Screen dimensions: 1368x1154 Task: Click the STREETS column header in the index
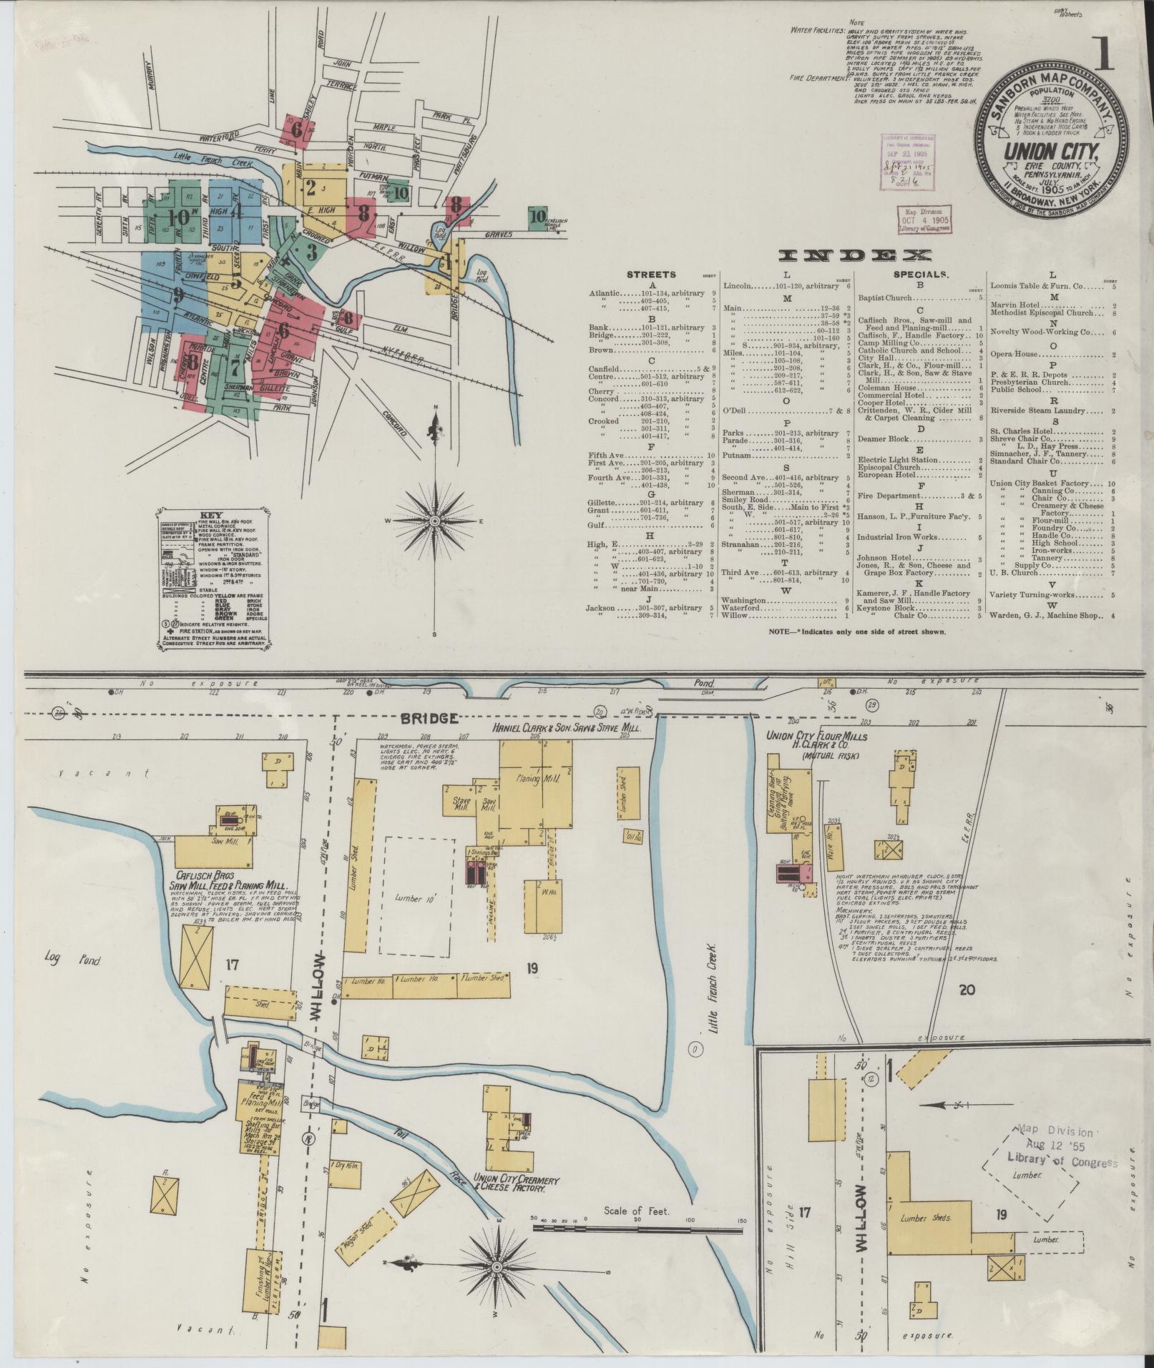[x=650, y=275]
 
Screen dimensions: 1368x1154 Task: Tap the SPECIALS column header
[x=920, y=275]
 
